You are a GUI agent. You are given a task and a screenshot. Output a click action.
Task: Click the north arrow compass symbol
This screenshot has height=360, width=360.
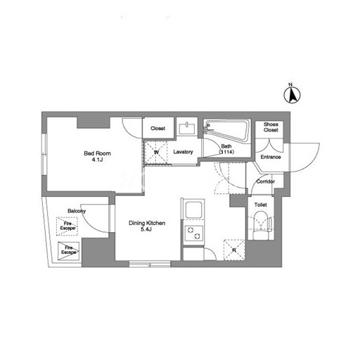(292, 95)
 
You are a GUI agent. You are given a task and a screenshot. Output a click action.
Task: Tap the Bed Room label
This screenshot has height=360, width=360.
(97, 153)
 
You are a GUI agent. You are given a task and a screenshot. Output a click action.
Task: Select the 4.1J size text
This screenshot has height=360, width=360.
(97, 160)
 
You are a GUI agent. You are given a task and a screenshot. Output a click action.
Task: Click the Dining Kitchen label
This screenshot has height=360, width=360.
(147, 223)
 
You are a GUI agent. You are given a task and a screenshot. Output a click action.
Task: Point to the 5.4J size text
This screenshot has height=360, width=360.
(146, 229)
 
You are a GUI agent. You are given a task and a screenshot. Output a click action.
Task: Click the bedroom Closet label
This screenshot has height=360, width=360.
(157, 129)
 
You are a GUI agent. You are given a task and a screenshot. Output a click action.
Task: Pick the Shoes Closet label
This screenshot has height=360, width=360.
(271, 127)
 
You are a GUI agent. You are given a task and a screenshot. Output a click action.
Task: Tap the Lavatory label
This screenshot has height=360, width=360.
(183, 152)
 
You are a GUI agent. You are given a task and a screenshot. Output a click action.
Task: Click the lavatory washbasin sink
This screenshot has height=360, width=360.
(187, 129)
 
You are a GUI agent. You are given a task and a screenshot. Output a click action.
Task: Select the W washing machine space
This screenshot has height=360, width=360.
(156, 152)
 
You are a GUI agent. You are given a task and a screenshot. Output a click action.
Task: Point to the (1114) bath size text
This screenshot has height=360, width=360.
(226, 152)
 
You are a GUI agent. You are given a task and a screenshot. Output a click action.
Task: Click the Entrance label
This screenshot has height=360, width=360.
(271, 157)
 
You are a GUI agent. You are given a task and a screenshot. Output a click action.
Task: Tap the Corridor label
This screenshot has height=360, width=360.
(266, 181)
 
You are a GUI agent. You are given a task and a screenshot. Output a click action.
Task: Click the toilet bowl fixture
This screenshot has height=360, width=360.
(262, 226)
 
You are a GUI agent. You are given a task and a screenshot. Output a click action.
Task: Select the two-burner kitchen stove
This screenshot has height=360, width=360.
(194, 233)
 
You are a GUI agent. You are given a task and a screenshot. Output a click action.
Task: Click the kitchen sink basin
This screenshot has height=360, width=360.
(193, 210)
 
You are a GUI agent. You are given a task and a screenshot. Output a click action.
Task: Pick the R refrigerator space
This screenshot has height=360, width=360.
(234, 250)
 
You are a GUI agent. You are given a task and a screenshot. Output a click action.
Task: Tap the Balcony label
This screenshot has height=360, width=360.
(77, 211)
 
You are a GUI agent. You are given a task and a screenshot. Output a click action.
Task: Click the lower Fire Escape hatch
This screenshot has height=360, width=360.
(68, 250)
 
